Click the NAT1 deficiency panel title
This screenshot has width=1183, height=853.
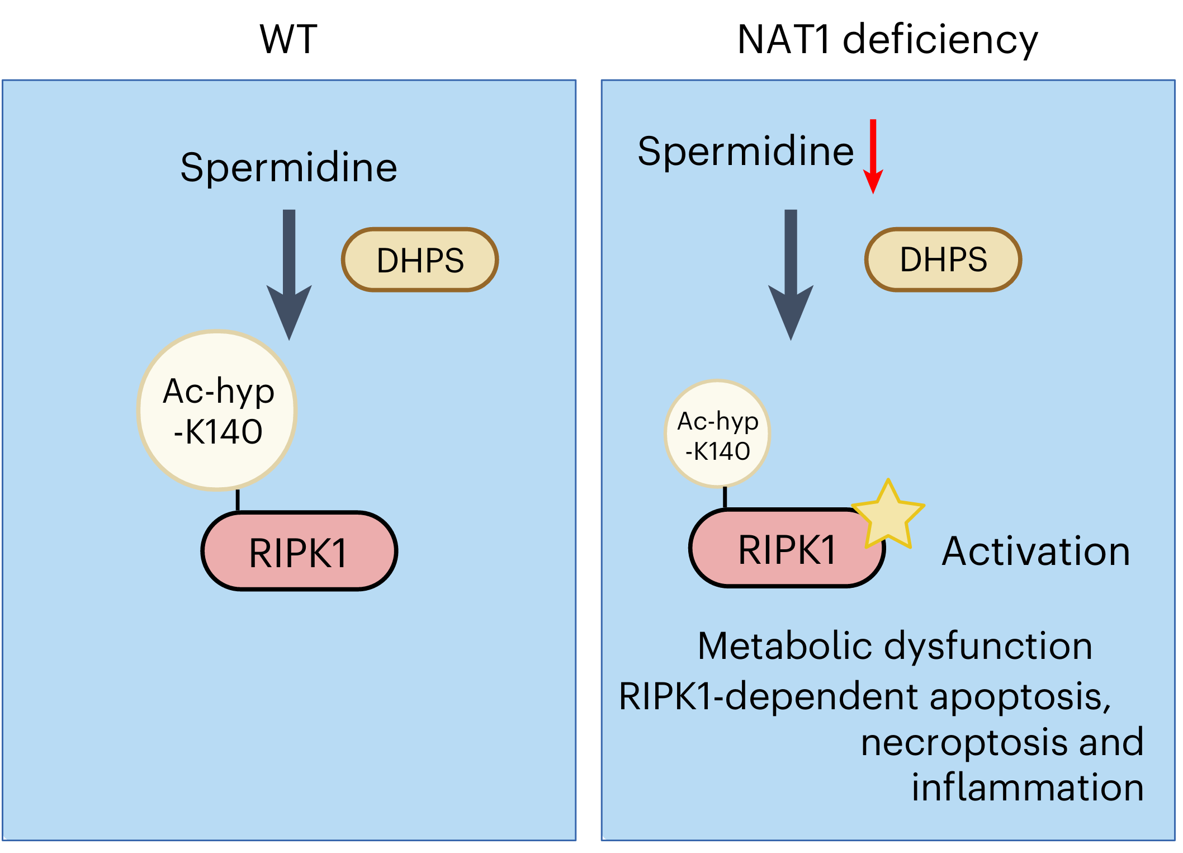click(x=887, y=40)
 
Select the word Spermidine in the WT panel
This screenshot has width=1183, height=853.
click(x=288, y=168)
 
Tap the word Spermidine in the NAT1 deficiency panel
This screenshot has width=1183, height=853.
click(x=745, y=152)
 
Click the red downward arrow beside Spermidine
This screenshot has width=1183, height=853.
click(x=873, y=157)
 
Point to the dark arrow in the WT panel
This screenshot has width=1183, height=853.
click(x=289, y=274)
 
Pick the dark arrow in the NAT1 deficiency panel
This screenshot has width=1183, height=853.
click(x=791, y=274)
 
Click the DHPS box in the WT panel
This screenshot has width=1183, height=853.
click(x=420, y=260)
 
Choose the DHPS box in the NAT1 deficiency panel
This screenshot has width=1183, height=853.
click(x=943, y=259)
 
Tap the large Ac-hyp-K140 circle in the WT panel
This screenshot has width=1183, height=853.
click(x=217, y=411)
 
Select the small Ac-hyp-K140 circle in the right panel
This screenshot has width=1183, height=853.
click(x=717, y=434)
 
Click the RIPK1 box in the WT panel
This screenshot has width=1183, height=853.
click(x=299, y=552)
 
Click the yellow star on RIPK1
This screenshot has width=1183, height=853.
click(x=888, y=515)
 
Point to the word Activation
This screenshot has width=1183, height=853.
click(x=1035, y=552)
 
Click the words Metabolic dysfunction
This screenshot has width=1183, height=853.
click(x=895, y=647)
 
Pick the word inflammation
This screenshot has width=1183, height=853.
click(x=1027, y=788)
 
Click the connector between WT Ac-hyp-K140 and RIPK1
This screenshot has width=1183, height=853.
click(x=238, y=500)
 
